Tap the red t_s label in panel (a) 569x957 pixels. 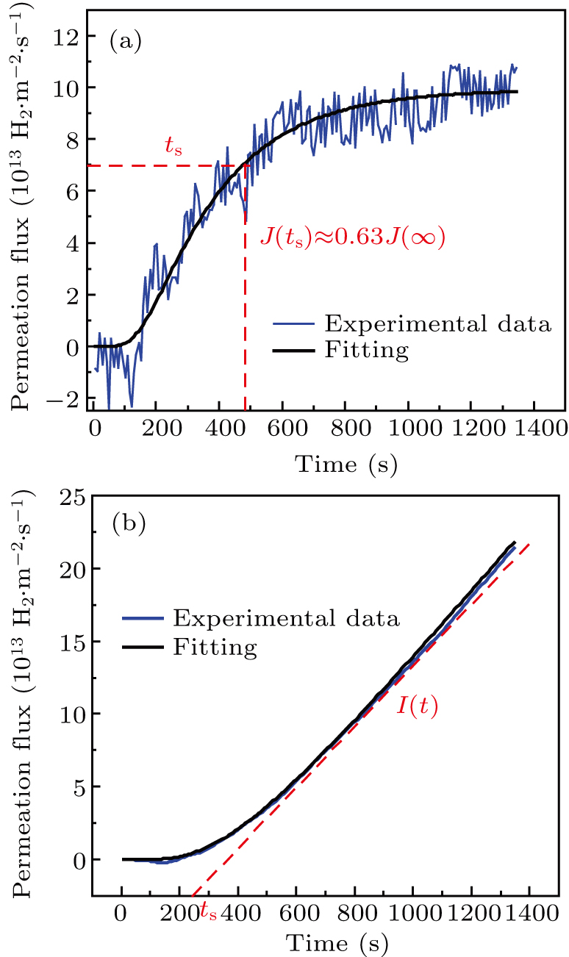pyautogui.click(x=173, y=146)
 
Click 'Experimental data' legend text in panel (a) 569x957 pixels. pyautogui.click(x=437, y=323)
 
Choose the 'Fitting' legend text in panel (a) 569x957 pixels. pyautogui.click(x=365, y=350)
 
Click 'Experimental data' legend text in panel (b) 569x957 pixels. pyautogui.click(x=286, y=617)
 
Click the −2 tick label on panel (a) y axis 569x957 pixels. pyautogui.click(x=66, y=398)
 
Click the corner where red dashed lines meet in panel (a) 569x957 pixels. pyautogui.click(x=245, y=165)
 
